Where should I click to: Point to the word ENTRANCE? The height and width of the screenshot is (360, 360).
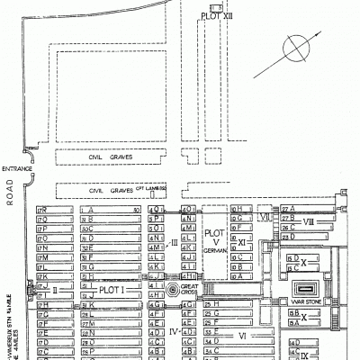pos(18,169)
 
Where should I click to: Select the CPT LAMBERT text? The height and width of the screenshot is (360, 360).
pos(149,189)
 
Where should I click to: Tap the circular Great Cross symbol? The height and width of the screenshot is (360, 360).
pos(172,290)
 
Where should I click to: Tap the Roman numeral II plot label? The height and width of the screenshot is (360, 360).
pos(53,290)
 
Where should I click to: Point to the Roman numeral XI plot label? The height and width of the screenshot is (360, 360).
pos(242,242)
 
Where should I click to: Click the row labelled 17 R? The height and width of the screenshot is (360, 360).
pos(41,209)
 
